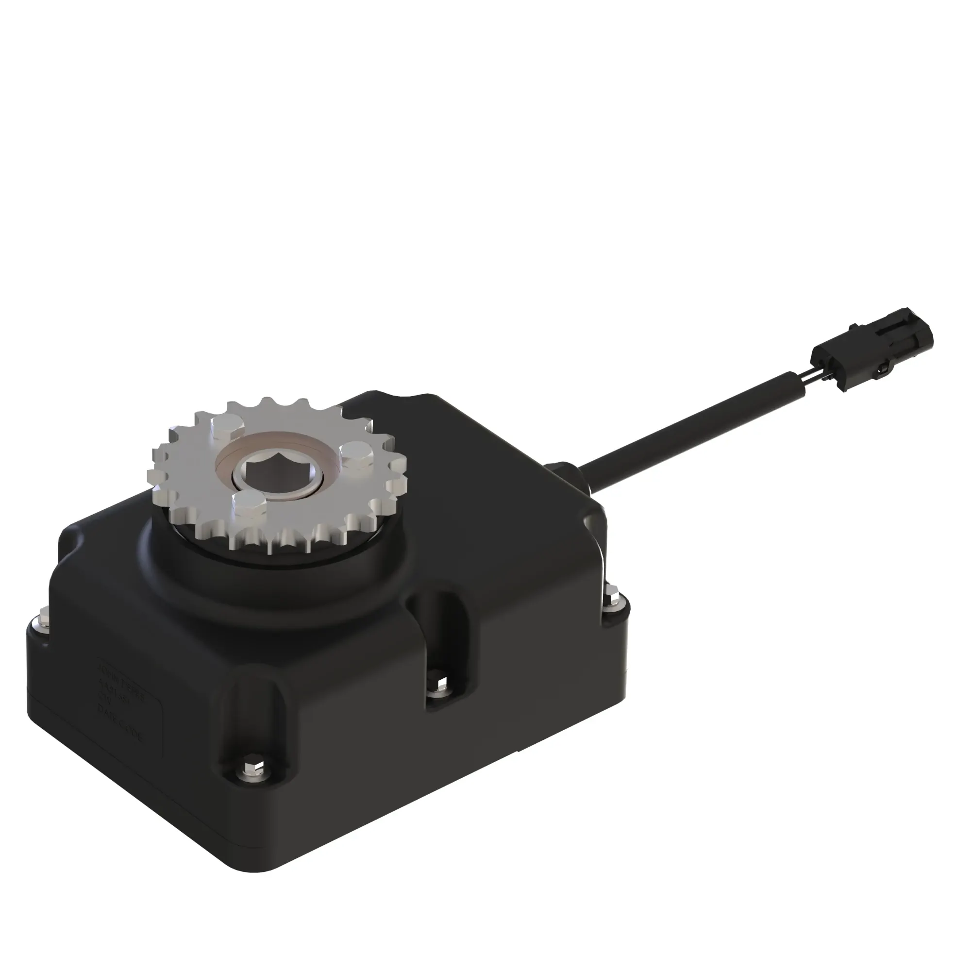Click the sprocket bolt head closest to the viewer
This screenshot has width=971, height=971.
pos(248,506)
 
